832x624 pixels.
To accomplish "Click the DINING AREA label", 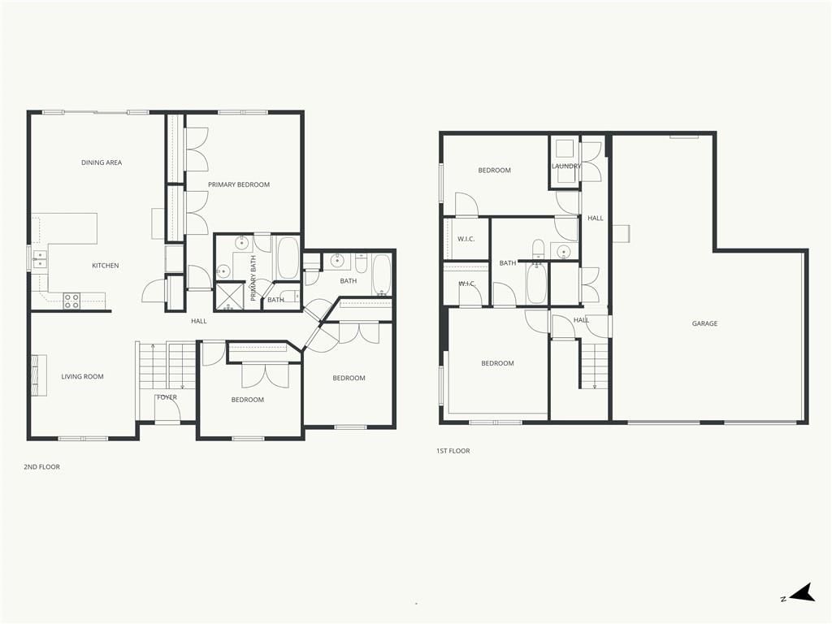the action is (x=102, y=162).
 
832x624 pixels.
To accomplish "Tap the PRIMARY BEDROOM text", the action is (x=239, y=184).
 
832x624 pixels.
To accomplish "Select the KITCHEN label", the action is (x=106, y=266).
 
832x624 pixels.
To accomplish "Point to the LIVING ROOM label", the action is (x=82, y=377).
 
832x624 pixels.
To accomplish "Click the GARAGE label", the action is (x=704, y=323).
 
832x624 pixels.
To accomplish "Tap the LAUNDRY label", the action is (x=566, y=166).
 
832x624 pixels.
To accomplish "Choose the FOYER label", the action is (x=167, y=396).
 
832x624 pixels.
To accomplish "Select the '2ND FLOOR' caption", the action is (x=42, y=467).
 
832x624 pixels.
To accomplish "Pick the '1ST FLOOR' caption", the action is (x=453, y=451).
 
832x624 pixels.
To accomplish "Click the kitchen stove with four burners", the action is (x=71, y=301).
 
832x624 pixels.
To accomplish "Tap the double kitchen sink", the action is (x=39, y=259).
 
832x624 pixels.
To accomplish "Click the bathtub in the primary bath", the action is (x=288, y=258).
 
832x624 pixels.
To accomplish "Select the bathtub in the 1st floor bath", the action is (x=536, y=284).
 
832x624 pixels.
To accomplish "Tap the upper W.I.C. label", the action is (x=466, y=239).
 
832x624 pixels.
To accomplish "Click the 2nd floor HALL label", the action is (x=199, y=321).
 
